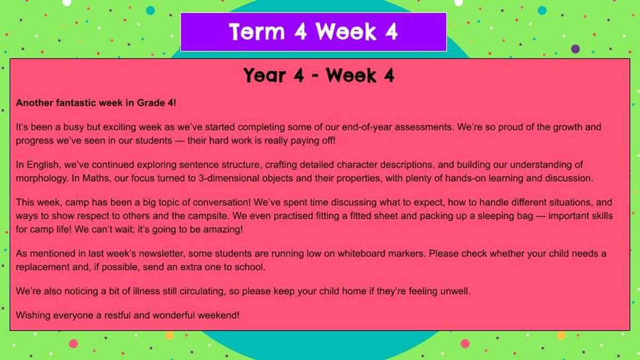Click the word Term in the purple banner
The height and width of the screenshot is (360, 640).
257,31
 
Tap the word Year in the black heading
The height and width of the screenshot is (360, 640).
265,75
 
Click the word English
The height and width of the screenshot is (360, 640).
43,165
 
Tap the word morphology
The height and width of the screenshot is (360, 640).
42,179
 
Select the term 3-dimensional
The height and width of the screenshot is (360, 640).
246,178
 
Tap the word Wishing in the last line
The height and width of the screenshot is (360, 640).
33,315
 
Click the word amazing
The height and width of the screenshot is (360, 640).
223,229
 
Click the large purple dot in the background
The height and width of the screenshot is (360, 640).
575,49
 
